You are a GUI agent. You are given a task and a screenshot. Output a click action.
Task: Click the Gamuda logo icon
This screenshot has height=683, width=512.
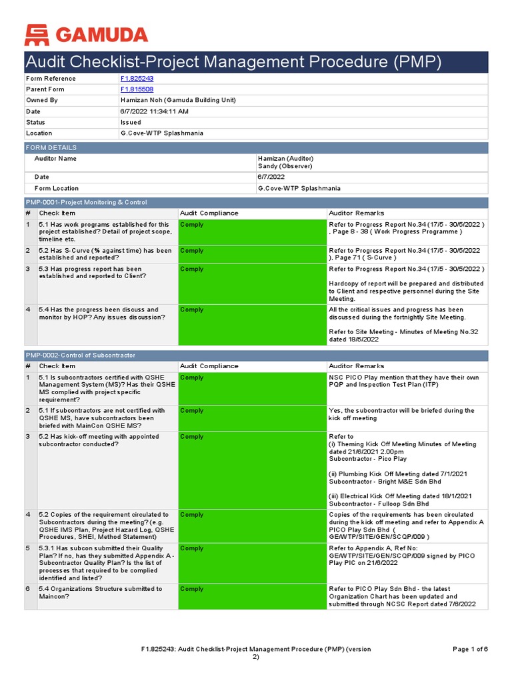pos(37,34)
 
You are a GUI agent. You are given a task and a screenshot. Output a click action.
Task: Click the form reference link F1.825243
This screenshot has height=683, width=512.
pos(136,79)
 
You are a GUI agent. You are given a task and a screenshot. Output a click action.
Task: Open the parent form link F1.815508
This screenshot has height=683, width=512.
pos(136,89)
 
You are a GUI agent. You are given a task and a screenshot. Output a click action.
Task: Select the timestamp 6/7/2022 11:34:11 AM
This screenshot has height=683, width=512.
pos(154,111)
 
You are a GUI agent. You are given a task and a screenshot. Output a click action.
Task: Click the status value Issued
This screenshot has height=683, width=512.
pos(131,122)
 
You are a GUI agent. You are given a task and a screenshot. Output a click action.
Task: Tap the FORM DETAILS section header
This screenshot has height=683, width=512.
pos(51,147)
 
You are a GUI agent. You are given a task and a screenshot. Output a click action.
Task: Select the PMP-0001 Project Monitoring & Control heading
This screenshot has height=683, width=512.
pos(87,202)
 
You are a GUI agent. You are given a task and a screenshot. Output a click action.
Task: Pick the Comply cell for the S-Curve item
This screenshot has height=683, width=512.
pos(192,251)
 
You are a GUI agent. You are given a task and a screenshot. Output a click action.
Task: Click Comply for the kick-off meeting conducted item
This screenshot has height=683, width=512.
pos(192,437)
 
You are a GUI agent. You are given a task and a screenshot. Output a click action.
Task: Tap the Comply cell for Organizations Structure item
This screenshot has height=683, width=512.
pos(192,590)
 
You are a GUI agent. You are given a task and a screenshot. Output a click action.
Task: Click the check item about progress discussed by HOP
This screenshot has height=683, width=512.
pos(99,313)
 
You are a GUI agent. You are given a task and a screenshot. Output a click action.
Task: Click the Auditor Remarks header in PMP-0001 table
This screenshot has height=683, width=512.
pos(357,213)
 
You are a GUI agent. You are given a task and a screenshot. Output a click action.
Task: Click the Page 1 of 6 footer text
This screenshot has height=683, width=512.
pos(470,649)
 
